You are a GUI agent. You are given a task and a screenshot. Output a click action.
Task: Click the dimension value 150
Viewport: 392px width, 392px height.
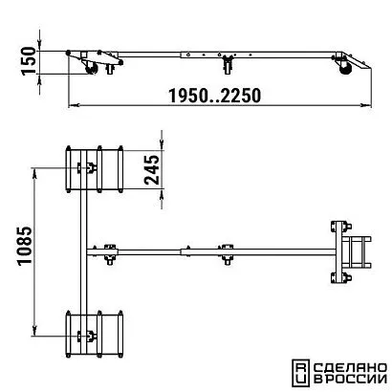(29, 60)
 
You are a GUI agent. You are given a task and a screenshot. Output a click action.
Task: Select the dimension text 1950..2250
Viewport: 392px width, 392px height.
(214, 96)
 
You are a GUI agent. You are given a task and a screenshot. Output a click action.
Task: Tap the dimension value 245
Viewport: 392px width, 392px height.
(152, 169)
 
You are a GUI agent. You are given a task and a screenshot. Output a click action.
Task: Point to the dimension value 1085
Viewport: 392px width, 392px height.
(25, 246)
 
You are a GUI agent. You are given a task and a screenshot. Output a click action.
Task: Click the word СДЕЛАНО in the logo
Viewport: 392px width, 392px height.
(350, 368)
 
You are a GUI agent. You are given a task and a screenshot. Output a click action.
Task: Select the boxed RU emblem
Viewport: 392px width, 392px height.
(300, 373)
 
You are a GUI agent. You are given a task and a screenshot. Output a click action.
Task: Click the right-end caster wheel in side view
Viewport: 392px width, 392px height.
(345, 69)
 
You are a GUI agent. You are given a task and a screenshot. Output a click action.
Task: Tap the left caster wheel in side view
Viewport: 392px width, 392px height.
(92, 69)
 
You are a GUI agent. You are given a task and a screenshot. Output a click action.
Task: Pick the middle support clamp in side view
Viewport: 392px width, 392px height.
(228, 64)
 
